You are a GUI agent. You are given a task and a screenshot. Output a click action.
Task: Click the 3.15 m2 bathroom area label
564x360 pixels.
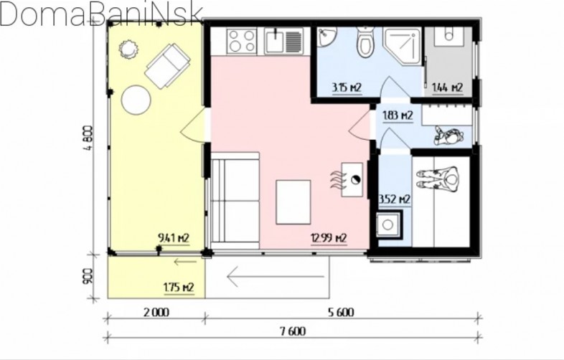click(347, 87)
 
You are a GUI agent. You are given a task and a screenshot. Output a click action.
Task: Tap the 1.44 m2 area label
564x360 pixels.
click(447, 87)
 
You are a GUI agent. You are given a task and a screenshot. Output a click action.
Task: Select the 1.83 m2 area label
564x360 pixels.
click(398, 115)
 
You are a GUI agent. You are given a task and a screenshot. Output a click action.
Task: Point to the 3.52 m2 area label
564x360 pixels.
click(395, 199)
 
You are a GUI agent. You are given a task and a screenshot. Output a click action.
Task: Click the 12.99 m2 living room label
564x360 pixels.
click(329, 238)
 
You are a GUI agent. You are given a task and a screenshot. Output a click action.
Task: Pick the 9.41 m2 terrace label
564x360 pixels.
click(174, 238)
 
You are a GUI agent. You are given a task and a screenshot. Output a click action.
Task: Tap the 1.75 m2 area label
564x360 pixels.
click(179, 288)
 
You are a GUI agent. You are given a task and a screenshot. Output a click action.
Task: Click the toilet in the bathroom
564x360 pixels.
click(365, 42)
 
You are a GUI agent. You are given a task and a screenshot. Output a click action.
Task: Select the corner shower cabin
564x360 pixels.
click(402, 46)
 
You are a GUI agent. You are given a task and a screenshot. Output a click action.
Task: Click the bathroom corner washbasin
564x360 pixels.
click(326, 37)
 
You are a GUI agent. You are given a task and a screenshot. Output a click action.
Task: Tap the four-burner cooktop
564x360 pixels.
click(242, 41)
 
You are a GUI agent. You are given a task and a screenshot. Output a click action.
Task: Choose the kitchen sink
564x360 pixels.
click(283, 41)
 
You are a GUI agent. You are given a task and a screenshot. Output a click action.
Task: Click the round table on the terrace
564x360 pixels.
click(136, 100)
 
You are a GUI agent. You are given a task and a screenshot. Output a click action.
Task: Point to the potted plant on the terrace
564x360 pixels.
click(128, 49)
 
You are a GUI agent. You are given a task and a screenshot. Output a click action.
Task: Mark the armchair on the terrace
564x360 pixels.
click(167, 66)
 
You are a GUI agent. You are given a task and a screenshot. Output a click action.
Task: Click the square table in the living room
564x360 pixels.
click(293, 202)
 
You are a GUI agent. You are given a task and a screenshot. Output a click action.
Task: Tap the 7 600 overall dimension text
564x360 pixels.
click(293, 331)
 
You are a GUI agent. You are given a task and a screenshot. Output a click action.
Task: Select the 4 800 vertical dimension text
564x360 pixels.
click(89, 138)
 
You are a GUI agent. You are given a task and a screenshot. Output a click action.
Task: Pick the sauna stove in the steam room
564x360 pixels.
click(387, 225)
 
